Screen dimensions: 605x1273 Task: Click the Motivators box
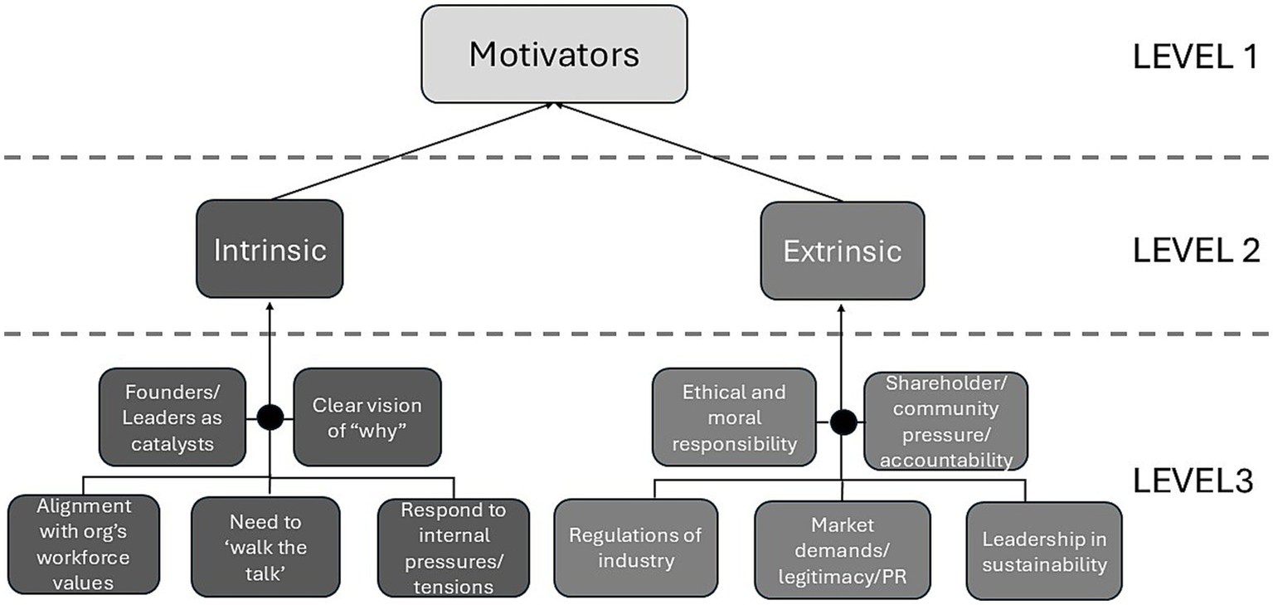[554, 55]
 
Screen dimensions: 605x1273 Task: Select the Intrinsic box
[270, 249]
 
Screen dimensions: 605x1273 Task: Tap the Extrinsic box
[842, 251]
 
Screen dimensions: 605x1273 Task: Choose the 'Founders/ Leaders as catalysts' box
[172, 417]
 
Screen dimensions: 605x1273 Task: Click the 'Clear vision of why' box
[367, 417]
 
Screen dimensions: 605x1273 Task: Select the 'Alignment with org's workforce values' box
[83, 544]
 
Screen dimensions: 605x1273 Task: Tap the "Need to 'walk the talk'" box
[265, 546]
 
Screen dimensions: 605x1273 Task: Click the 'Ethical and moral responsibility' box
[734, 417]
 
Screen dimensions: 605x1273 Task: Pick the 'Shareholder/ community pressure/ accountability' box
[945, 421]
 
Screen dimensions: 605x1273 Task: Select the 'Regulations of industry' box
[635, 548]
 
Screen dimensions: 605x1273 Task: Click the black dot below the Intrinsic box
[270, 417]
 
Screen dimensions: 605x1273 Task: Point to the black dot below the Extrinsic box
[843, 422]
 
